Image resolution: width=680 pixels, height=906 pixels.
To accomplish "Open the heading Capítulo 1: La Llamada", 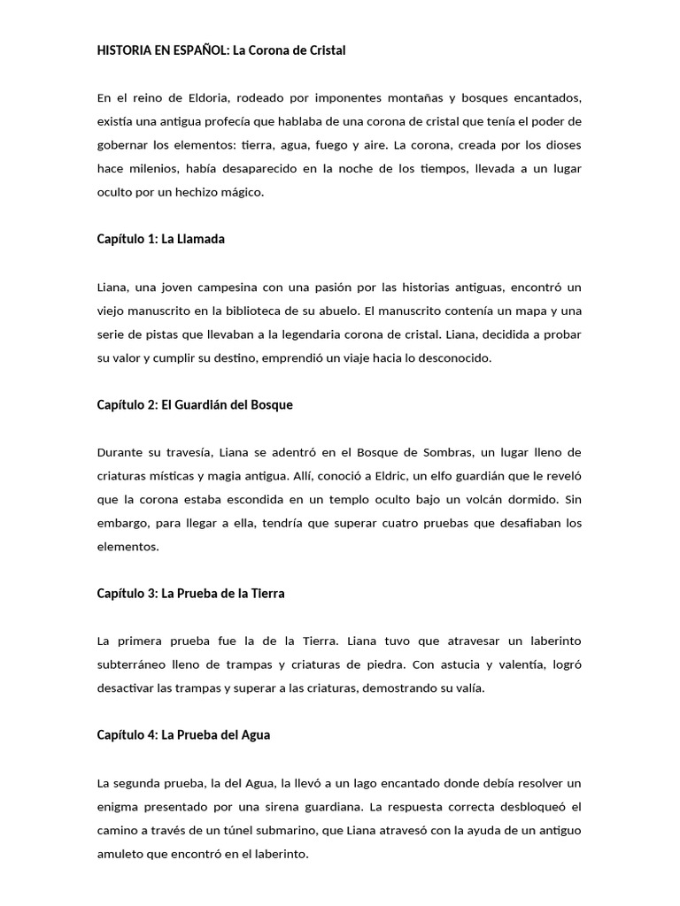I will click(x=161, y=239).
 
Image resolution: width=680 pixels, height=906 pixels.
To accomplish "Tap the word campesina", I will click(x=249, y=287).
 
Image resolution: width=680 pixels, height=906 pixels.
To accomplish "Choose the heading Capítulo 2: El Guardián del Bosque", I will click(x=194, y=404).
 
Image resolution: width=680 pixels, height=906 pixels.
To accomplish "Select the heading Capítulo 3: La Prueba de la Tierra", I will click(x=190, y=594).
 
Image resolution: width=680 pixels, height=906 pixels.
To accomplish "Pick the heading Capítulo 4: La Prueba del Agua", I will click(x=183, y=735).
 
